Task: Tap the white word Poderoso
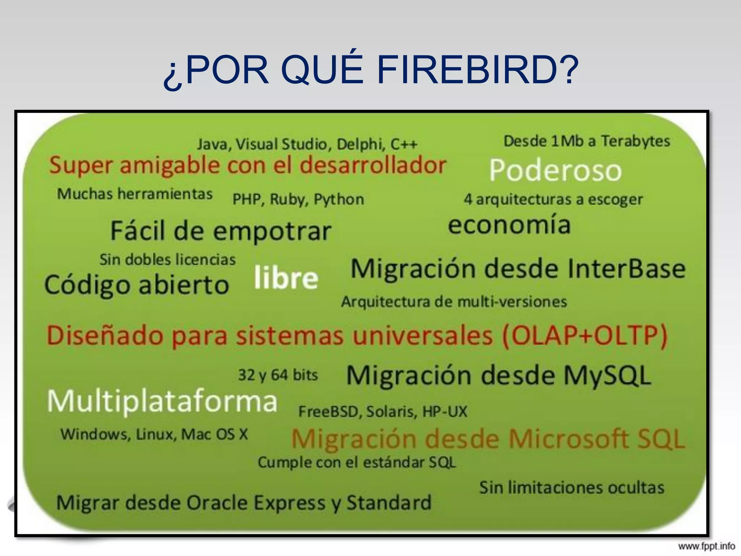(555, 170)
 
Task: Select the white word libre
(286, 278)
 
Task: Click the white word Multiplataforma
(162, 401)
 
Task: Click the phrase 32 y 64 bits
(278, 375)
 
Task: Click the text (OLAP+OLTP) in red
(584, 335)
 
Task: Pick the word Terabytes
(635, 141)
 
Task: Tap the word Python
(339, 199)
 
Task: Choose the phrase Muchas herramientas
(135, 194)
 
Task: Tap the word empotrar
(272, 231)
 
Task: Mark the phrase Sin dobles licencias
(168, 260)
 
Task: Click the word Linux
(156, 434)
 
